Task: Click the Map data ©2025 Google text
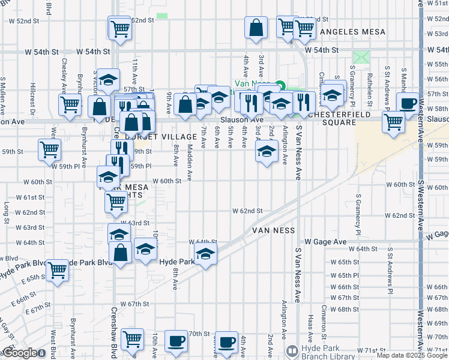click(412, 355)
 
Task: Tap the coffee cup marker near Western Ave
click(408, 103)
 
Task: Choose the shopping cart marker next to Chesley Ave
click(70, 105)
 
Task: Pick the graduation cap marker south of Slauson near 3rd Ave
click(267, 151)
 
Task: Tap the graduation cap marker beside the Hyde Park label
click(205, 255)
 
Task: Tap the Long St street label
click(7, 209)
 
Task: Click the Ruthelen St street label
click(370, 85)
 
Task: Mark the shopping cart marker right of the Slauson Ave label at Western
click(393, 122)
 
